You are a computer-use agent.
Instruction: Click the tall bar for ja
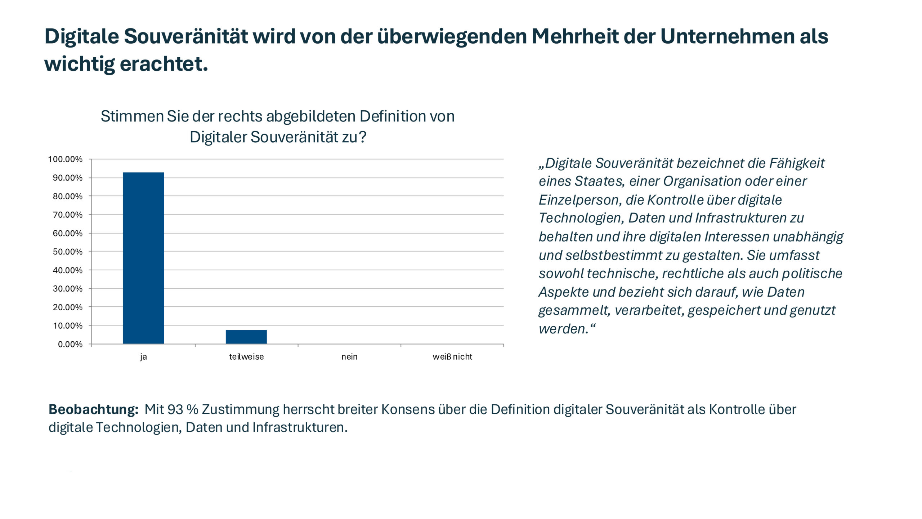tap(143, 258)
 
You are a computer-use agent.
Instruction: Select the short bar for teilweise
tap(246, 337)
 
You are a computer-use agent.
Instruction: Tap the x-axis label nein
tap(349, 357)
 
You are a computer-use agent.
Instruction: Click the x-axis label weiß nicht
tap(452, 357)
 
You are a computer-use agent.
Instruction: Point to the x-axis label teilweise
tap(246, 357)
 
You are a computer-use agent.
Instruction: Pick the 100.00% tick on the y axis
tap(65, 159)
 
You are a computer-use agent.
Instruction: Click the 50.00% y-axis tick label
tap(68, 252)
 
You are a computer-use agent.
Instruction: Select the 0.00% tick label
tap(70, 345)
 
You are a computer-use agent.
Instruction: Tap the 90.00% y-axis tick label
tap(68, 178)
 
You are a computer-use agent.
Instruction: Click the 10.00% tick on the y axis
tap(68, 326)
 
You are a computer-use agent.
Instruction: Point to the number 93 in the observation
tap(175, 409)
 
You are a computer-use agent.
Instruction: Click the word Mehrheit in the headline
tap(575, 36)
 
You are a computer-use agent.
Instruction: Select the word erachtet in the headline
tap(164, 64)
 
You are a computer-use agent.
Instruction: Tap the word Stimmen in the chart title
tap(132, 116)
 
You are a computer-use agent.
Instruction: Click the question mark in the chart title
tap(362, 137)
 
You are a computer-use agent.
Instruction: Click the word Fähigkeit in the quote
tap(797, 163)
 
